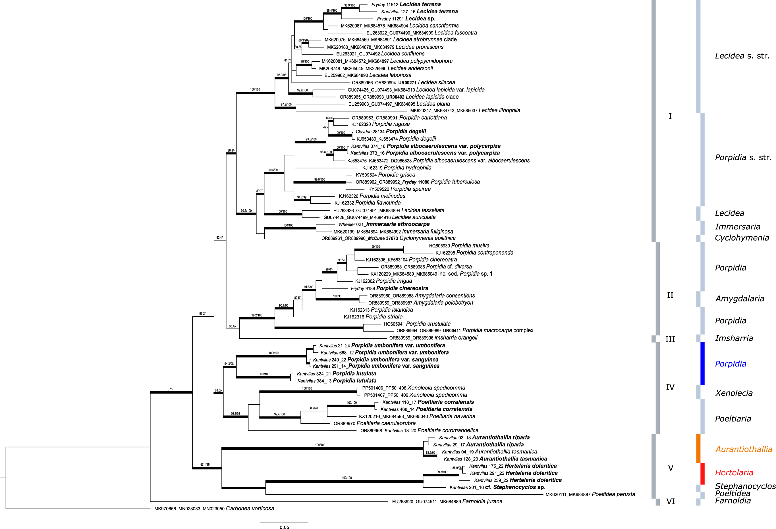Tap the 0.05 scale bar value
click(x=284, y=527)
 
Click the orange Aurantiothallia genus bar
click(x=698, y=449)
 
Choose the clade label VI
click(x=671, y=501)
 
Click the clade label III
click(x=670, y=339)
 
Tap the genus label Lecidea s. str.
click(x=742, y=56)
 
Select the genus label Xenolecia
click(x=734, y=393)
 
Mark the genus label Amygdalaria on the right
click(x=739, y=298)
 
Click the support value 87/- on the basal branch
click(x=170, y=389)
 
